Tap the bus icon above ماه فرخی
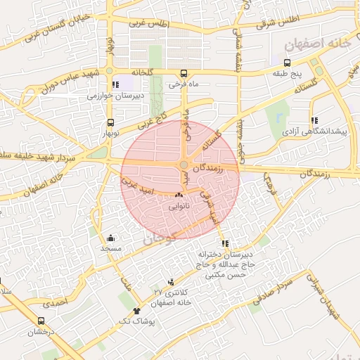(x=184, y=73)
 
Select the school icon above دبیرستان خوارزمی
(x=115, y=85)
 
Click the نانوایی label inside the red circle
(x=179, y=207)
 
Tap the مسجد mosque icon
(x=110, y=238)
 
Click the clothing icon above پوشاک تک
(x=136, y=310)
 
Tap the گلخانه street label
(x=141, y=72)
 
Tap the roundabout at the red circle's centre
(x=184, y=165)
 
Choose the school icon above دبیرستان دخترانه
(x=224, y=243)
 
